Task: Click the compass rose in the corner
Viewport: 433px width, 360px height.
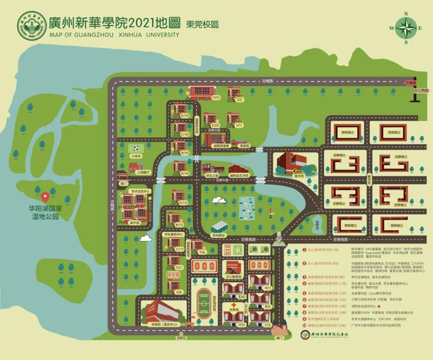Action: (x=405, y=28)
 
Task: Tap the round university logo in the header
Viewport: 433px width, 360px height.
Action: (x=32, y=25)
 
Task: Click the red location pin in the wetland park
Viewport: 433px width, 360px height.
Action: (x=45, y=197)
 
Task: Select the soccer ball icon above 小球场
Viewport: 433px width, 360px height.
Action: (x=136, y=148)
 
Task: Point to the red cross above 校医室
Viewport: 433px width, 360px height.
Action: (x=233, y=305)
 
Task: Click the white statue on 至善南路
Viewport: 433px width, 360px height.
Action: (x=278, y=237)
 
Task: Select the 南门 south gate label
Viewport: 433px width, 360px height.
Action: (x=279, y=338)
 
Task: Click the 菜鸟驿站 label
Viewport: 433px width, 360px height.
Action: (x=219, y=235)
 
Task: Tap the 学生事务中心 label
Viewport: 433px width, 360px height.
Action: (x=174, y=234)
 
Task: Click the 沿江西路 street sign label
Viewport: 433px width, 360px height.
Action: (x=421, y=91)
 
